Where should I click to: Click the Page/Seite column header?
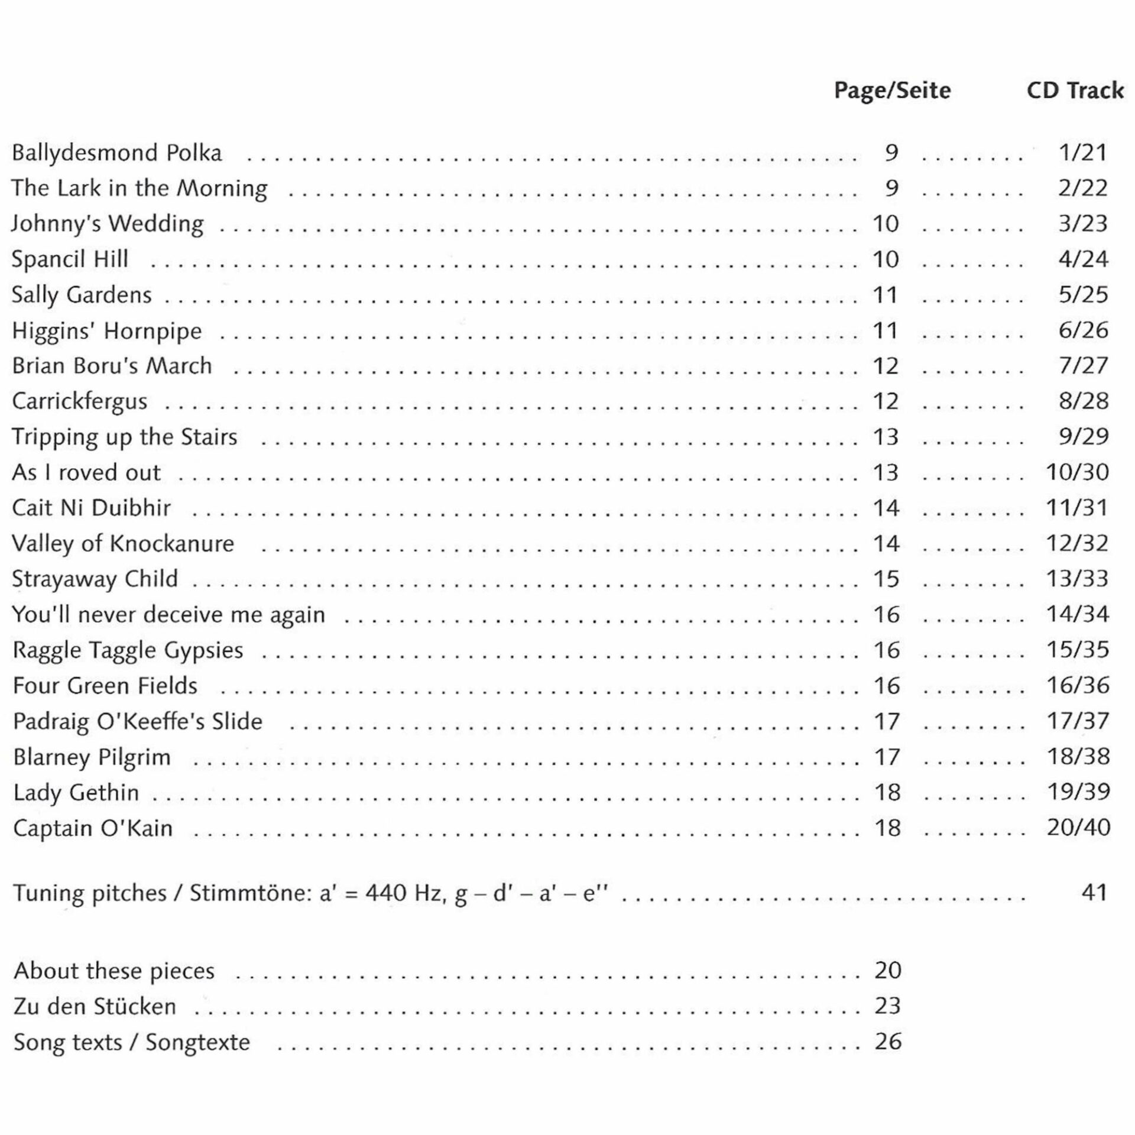pyautogui.click(x=892, y=90)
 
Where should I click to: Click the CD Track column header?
pyautogui.click(x=1075, y=90)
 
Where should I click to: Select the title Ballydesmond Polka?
pyautogui.click(x=117, y=153)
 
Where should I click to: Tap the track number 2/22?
pyautogui.click(x=1082, y=188)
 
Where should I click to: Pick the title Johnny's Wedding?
pyautogui.click(x=108, y=224)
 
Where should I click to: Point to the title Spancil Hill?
pyautogui.click(x=70, y=260)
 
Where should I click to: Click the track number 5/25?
pyautogui.click(x=1083, y=294)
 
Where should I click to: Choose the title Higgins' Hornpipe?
pyautogui.click(x=107, y=331)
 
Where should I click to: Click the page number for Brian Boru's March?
pyautogui.click(x=886, y=366)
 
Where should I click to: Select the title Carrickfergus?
pyautogui.click(x=80, y=401)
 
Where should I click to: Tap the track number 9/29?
pyautogui.click(x=1083, y=437)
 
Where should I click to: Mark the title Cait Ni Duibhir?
pyautogui.click(x=92, y=508)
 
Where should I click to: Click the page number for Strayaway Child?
pyautogui.click(x=886, y=579)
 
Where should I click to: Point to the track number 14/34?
pyautogui.click(x=1078, y=614)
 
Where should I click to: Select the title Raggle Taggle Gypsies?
pyautogui.click(x=128, y=650)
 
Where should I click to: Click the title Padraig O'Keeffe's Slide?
pyautogui.click(x=138, y=721)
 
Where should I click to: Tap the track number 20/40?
pyautogui.click(x=1078, y=828)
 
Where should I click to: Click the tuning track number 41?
pyautogui.click(x=1094, y=892)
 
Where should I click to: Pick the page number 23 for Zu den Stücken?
pyautogui.click(x=887, y=1006)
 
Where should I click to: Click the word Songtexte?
pyautogui.click(x=198, y=1042)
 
